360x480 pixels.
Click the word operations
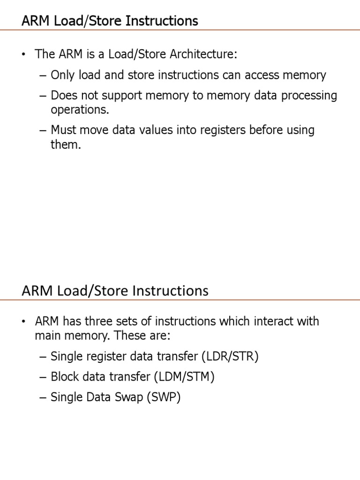click(79, 110)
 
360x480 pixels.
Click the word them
click(66, 144)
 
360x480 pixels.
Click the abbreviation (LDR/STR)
click(230, 356)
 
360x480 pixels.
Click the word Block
click(64, 377)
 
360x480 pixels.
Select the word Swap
click(129, 397)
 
